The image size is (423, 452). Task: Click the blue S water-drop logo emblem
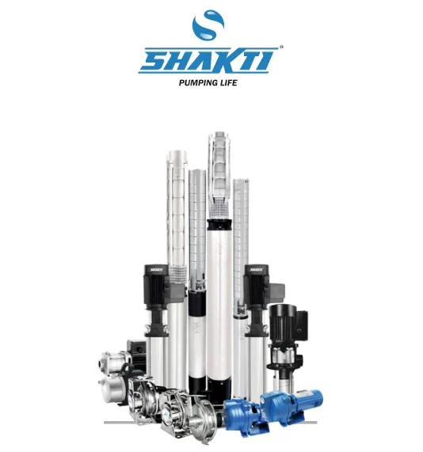click(x=208, y=25)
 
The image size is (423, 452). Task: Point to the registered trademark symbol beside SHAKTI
click(x=281, y=47)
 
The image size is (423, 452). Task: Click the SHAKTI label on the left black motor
click(x=156, y=270)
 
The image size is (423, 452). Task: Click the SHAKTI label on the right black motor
click(x=256, y=270)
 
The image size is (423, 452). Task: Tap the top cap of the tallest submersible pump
click(x=219, y=135)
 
